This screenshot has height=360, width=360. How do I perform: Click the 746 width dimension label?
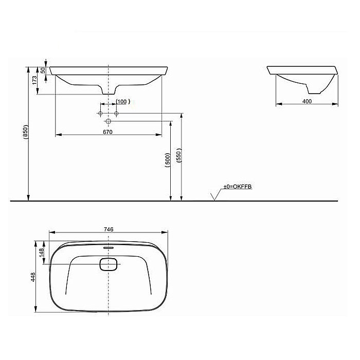click(109, 229)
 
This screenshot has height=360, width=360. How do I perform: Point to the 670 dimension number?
click(107, 132)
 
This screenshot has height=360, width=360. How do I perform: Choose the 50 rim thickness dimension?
click(43, 70)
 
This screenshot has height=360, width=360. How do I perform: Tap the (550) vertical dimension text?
click(178, 156)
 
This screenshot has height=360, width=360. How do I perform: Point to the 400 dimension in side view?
click(307, 101)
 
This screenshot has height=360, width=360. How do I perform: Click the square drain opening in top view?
click(108, 264)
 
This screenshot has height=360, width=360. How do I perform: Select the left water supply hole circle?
click(100, 113)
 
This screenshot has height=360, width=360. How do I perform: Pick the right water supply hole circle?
click(117, 113)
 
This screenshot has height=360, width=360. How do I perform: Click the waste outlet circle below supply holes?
click(108, 122)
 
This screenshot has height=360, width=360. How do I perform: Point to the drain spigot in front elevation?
click(108, 91)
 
